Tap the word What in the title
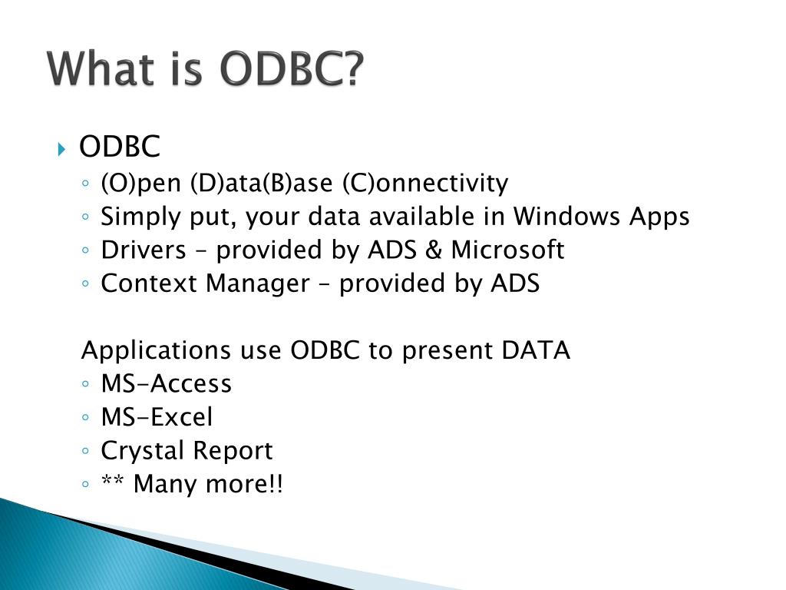click(x=101, y=68)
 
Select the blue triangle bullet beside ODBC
click(x=61, y=149)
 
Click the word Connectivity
click(x=425, y=183)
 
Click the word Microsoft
click(x=507, y=250)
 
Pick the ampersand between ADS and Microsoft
click(x=433, y=250)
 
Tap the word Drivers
click(x=144, y=250)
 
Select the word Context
click(x=149, y=283)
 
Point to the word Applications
click(x=156, y=350)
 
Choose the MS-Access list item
click(x=167, y=383)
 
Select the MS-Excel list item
click(x=157, y=417)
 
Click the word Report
click(x=233, y=451)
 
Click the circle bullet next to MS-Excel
click(x=85, y=417)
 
